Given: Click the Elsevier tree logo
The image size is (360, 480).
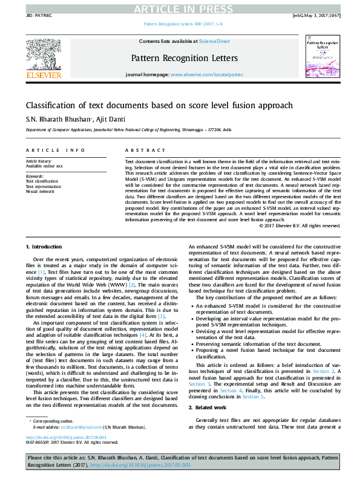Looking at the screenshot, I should [x=43, y=55].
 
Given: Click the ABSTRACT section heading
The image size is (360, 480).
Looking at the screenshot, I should [x=141, y=149].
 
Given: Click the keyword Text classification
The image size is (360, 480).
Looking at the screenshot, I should [x=42, y=181].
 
